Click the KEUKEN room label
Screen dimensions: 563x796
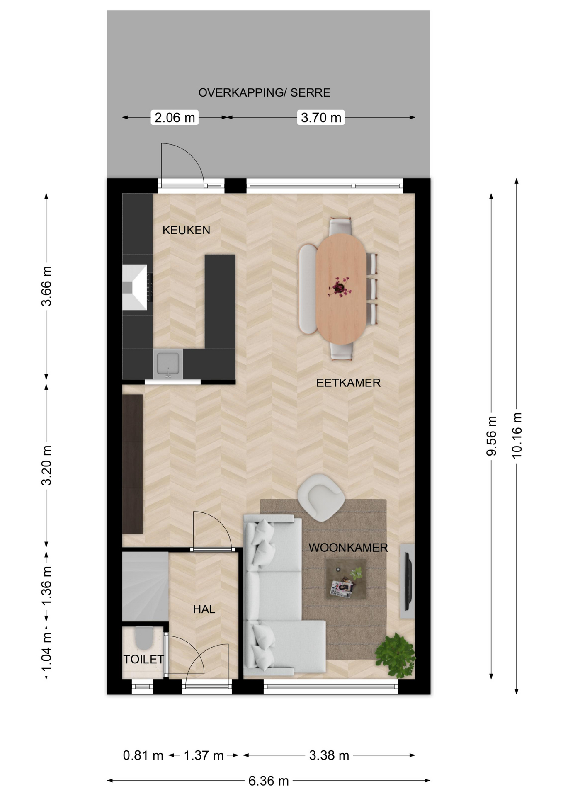pyautogui.click(x=186, y=230)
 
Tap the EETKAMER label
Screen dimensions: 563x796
pyautogui.click(x=348, y=383)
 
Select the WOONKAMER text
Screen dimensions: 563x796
pyautogui.click(x=348, y=548)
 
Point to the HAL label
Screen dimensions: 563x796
pyautogui.click(x=204, y=609)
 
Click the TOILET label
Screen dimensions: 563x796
pyautogui.click(x=143, y=659)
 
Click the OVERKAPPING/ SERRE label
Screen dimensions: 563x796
pyautogui.click(x=265, y=93)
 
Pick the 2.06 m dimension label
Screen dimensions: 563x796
pyautogui.click(x=175, y=118)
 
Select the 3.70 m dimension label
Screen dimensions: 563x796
pyautogui.click(x=321, y=118)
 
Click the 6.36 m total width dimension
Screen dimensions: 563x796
pyautogui.click(x=269, y=781)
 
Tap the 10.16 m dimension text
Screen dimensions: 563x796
pyautogui.click(x=517, y=435)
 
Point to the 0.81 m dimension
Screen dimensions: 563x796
pyautogui.click(x=143, y=755)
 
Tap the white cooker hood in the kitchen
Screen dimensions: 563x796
pyautogui.click(x=135, y=287)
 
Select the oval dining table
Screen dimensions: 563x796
pyautogui.click(x=341, y=289)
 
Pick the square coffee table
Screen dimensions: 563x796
pyautogui.click(x=346, y=579)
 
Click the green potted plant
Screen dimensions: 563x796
pyautogui.click(x=396, y=655)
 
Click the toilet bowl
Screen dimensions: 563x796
pyautogui.click(x=143, y=637)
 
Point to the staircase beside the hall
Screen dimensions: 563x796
pyautogui.click(x=145, y=586)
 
